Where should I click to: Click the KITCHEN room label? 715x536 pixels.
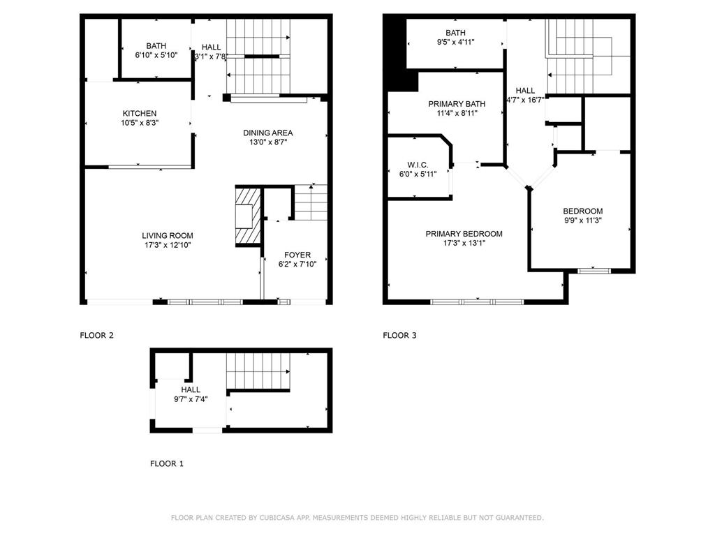(140, 113)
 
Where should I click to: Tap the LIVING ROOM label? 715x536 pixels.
(168, 236)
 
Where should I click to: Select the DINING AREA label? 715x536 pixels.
(267, 133)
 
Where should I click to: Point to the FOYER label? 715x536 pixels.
(297, 255)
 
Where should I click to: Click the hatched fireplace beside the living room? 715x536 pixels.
(246, 216)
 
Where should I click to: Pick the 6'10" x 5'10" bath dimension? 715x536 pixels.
(156, 55)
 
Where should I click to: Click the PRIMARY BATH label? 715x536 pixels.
(457, 104)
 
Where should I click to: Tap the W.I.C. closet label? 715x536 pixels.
(418, 165)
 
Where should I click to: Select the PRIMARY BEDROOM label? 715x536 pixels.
(464, 234)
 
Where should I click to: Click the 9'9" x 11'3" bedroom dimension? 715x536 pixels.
(582, 221)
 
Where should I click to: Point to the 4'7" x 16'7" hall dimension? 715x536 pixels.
(525, 100)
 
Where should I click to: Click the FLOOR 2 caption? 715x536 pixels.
(97, 336)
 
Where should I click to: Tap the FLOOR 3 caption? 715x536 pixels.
(399, 336)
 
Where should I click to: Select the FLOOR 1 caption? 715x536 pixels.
(167, 463)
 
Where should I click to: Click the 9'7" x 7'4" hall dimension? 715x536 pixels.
(191, 399)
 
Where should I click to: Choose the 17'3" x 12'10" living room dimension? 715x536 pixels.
(168, 245)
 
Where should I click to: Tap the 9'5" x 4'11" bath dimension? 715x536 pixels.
(455, 42)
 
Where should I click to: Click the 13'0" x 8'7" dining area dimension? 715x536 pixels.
(267, 142)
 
